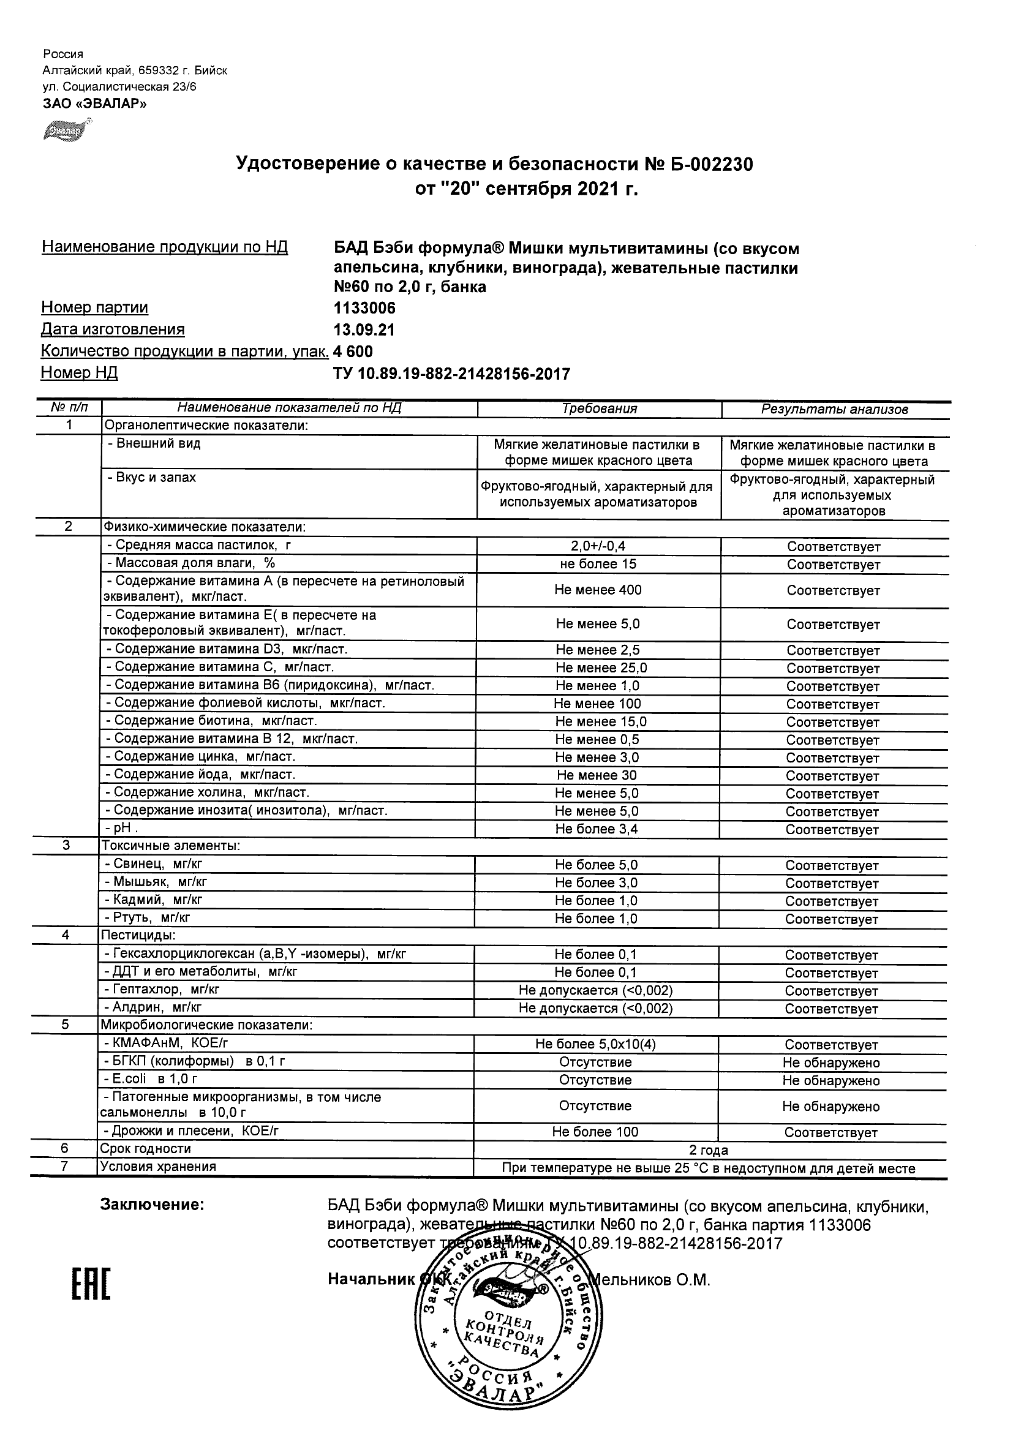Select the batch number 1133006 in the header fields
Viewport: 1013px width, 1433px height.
click(x=364, y=308)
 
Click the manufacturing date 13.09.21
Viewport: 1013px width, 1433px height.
click(x=364, y=329)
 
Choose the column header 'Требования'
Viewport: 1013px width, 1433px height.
click(x=599, y=409)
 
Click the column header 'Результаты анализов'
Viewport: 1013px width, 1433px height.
click(x=834, y=410)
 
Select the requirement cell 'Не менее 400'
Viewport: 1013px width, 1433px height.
click(x=598, y=590)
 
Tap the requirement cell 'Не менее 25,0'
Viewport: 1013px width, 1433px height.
click(x=601, y=668)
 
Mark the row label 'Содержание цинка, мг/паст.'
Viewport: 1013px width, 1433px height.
click(x=200, y=756)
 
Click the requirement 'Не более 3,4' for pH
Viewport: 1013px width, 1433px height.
click(x=597, y=829)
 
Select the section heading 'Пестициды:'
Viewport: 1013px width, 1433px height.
click(x=138, y=935)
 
